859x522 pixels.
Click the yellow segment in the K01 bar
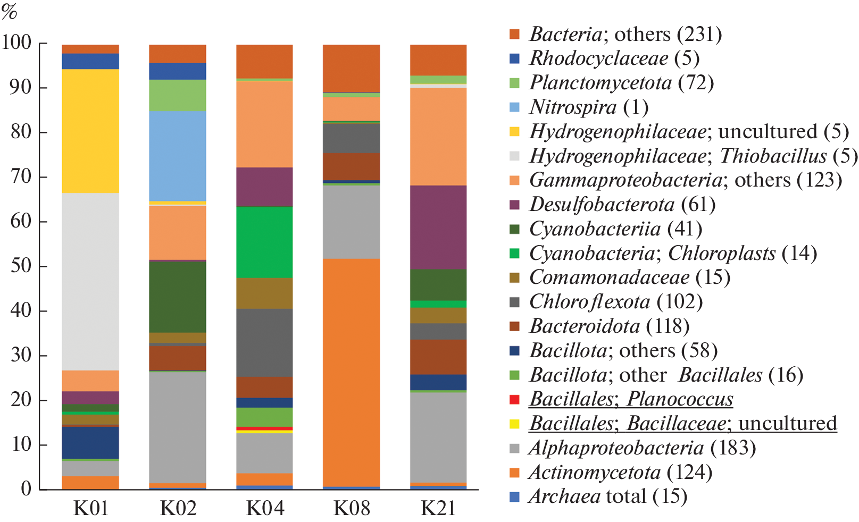(x=90, y=131)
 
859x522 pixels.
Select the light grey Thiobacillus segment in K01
(x=90, y=281)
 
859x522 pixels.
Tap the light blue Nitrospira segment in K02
(x=178, y=156)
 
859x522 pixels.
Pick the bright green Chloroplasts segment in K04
(x=264, y=242)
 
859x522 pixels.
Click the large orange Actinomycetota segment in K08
(x=352, y=372)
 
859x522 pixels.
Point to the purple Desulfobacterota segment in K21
(x=438, y=227)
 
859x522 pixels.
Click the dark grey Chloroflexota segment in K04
(x=264, y=342)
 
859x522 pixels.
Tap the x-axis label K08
(x=352, y=508)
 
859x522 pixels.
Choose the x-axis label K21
(x=438, y=508)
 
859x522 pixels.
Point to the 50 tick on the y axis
(x=21, y=266)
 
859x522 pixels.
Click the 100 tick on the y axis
(x=17, y=43)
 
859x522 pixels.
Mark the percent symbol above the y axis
(x=10, y=12)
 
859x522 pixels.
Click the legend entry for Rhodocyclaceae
(x=614, y=58)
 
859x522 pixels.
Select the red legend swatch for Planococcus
(x=514, y=399)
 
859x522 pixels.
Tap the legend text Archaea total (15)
(x=608, y=496)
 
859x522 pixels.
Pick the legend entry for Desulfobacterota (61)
(x=622, y=205)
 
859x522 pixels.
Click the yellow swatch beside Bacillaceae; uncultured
(x=514, y=424)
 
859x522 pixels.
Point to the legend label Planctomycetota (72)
(x=621, y=83)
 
